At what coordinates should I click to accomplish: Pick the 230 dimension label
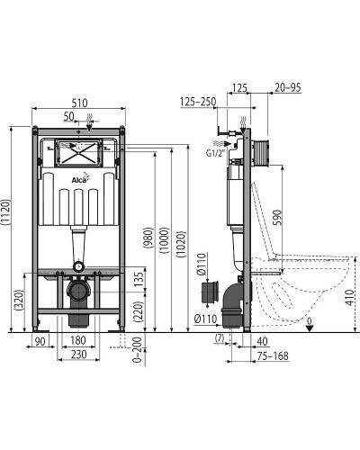tap(78, 356)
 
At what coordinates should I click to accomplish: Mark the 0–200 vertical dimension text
tap(137, 355)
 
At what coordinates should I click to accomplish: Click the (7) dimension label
tap(220, 338)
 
